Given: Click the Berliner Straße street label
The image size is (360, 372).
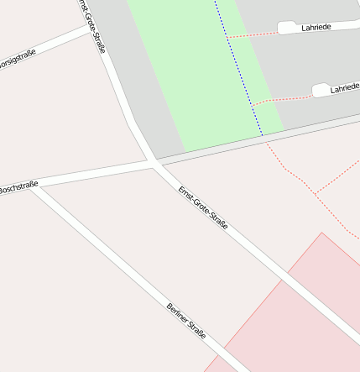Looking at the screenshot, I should pyautogui.click(x=187, y=321).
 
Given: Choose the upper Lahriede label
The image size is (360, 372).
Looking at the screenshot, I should pyautogui.click(x=316, y=27).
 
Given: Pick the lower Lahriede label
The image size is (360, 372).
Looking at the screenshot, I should pyautogui.click(x=344, y=88).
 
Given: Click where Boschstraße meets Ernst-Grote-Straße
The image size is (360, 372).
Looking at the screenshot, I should pyautogui.click(x=153, y=162).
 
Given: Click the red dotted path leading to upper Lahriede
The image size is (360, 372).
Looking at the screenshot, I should pyautogui.click(x=252, y=35).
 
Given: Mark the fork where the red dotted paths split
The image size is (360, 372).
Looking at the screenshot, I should pyautogui.click(x=316, y=193).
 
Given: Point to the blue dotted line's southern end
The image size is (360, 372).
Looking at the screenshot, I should pyautogui.click(x=263, y=135).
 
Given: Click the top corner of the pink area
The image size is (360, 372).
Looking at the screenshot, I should pyautogui.click(x=322, y=233).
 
